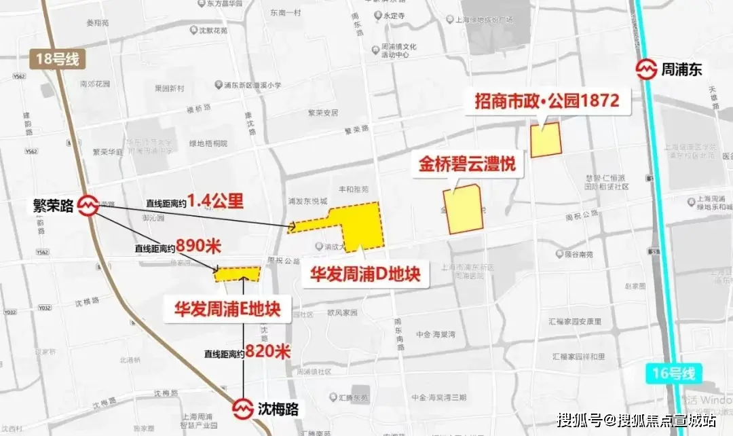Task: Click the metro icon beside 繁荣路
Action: pos(88,205)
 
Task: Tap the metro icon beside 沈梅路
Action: pos(244,409)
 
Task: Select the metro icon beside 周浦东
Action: pos(645,69)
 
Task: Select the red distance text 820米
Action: pos(268,352)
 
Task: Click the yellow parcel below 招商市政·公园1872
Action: pos(546,140)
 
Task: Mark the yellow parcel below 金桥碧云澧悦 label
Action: pos(463,210)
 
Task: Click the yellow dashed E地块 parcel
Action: pos(238,274)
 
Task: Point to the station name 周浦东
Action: pos(686,69)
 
